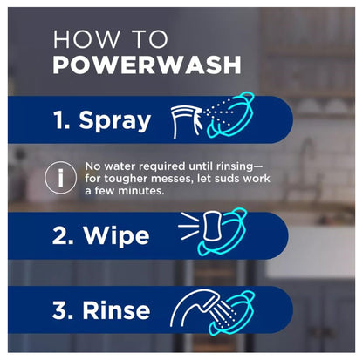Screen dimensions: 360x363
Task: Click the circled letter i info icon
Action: (x=59, y=178)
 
